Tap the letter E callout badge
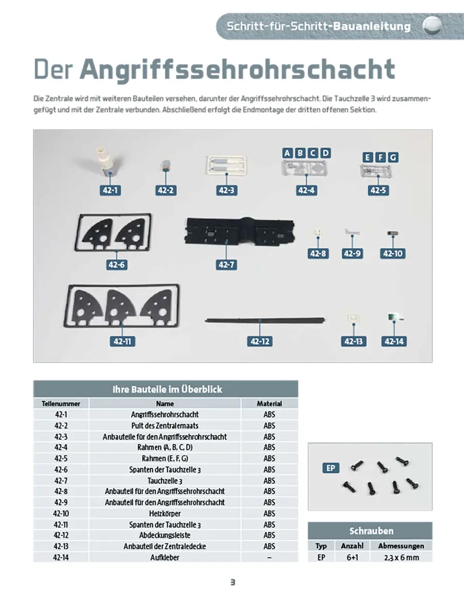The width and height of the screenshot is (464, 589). pos(368,157)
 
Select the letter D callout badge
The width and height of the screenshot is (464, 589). pos(325,153)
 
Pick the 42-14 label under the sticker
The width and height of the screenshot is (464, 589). pos(393,341)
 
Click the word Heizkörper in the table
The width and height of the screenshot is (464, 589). pos(165,513)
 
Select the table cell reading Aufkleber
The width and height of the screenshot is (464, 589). pos(165,557)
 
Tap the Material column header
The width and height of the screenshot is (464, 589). pos(269,403)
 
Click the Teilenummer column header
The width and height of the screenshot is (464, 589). pos(61,403)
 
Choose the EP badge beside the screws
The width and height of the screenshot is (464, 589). pos(331,468)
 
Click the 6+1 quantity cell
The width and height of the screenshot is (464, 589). pos(352,557)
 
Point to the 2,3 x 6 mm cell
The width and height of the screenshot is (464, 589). pos(401,557)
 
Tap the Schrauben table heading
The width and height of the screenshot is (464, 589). pos(371,531)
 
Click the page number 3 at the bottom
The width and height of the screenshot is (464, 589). pos(233,582)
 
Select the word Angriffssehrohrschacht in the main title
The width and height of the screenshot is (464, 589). pos(237,70)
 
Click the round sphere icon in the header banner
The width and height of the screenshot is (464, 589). pos(432,26)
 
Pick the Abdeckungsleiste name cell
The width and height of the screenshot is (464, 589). pos(165,535)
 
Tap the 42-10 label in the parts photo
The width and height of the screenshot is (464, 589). pos(393,254)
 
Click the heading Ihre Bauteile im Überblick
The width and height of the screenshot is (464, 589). pos(167,389)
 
